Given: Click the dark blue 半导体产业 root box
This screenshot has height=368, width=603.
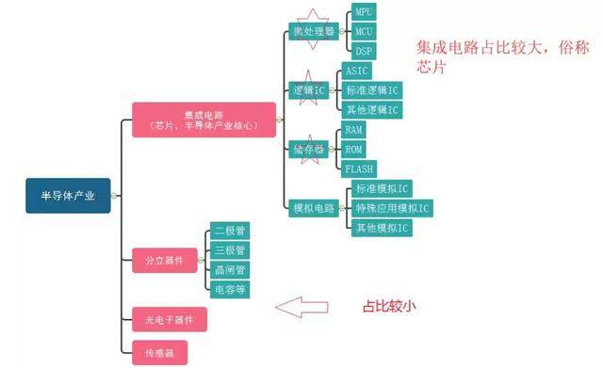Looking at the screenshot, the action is click(x=68, y=196).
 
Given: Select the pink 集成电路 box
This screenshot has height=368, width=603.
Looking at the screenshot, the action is click(x=204, y=120).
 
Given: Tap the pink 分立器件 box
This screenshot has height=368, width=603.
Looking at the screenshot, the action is click(x=165, y=261).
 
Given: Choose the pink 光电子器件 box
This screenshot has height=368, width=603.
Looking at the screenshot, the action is click(x=170, y=319).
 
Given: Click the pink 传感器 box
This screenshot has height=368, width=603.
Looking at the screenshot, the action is click(x=159, y=352).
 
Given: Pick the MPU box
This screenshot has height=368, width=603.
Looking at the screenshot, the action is click(x=364, y=12).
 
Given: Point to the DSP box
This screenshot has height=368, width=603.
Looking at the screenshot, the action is click(x=364, y=51).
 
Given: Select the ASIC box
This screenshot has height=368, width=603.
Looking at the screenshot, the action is click(x=356, y=71).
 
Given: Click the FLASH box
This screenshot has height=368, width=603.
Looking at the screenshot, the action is click(x=359, y=169).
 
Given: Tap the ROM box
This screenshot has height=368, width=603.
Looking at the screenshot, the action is click(x=353, y=149).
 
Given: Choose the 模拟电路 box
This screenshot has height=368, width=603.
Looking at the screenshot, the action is click(x=314, y=208).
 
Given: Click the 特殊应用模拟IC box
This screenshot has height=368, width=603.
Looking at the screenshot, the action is click(x=392, y=208).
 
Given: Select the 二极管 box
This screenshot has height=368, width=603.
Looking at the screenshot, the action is click(x=230, y=231).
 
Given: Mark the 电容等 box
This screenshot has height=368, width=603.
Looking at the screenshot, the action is click(x=230, y=289).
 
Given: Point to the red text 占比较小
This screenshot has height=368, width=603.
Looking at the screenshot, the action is click(x=389, y=307).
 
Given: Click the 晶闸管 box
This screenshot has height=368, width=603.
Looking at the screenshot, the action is click(x=230, y=270).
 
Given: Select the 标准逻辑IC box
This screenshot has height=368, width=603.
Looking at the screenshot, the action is click(x=372, y=90).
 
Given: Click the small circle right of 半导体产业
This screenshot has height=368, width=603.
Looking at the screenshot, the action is click(x=114, y=196).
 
